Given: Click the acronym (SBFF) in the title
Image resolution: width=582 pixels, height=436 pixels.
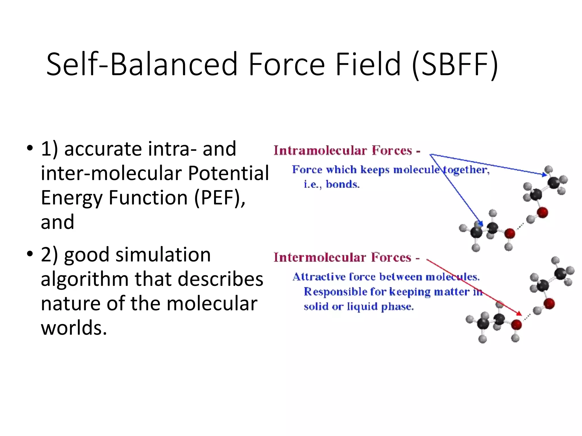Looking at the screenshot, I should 455,65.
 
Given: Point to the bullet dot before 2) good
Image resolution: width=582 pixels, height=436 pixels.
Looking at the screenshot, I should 30,254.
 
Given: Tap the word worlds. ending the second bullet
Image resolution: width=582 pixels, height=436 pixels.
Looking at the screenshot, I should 74,328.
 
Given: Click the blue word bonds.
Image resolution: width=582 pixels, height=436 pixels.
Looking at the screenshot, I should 342,185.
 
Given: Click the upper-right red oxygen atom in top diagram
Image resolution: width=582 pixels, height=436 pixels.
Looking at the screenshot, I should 542,213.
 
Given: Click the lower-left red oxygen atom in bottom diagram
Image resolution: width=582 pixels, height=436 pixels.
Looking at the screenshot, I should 516,324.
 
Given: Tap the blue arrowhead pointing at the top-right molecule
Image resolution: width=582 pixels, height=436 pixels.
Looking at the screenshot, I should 544,174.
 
